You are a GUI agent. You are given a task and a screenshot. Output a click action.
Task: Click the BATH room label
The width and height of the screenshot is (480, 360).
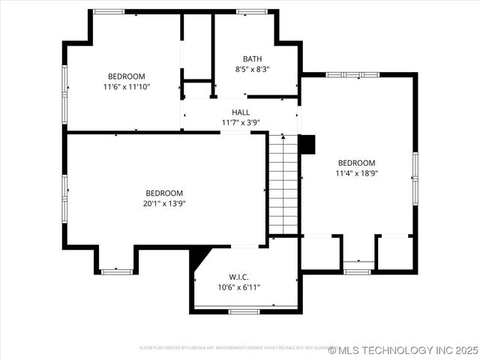coord(252,58)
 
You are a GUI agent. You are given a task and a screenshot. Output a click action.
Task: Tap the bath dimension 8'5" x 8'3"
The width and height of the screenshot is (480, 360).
coord(252,69)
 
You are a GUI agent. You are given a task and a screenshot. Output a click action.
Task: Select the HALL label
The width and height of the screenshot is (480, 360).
coord(241,112)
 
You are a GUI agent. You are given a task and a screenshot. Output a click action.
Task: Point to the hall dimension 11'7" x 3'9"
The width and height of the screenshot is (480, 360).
coord(241,122)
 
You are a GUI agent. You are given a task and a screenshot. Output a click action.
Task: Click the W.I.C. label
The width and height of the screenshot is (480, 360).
coord(238,277)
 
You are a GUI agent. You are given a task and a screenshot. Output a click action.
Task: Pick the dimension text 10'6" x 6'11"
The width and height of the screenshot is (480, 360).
coord(238,287)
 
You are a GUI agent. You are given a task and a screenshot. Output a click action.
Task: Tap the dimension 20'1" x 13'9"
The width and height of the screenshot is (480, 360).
coord(163,203)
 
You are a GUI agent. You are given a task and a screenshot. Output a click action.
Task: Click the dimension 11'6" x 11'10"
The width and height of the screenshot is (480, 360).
coord(127,86)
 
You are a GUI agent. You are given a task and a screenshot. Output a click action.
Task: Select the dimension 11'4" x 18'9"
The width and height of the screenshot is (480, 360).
coord(356,173)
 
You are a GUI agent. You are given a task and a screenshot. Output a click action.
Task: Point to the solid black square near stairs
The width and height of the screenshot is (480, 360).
coord(307,144)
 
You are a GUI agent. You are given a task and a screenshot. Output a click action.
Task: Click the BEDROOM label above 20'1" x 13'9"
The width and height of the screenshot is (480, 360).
coord(163,193)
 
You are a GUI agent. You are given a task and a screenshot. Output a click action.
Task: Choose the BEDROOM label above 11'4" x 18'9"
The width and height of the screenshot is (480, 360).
coord(356,163)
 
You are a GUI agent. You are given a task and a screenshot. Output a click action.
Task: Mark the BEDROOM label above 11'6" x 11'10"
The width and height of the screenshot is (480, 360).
coord(127,76)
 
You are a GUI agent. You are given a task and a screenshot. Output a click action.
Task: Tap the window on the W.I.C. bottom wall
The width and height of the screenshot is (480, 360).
coord(244,310)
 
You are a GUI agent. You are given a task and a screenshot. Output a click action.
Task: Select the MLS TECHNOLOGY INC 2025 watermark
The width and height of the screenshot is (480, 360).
coord(403,350)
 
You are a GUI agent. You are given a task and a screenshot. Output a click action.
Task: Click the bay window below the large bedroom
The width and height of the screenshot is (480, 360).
coord(116,271)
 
